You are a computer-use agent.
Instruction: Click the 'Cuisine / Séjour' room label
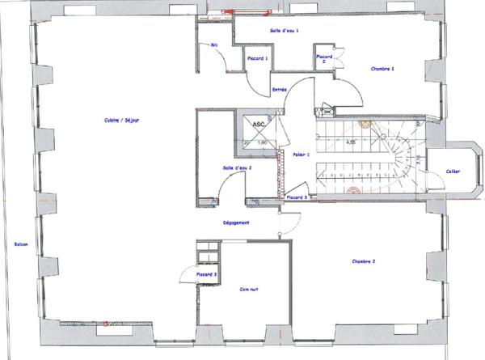121,121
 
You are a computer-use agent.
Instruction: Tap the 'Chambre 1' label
382,69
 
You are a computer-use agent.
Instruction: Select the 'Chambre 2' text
367,261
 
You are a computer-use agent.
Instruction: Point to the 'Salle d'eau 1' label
285,30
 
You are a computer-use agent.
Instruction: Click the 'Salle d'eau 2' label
237,167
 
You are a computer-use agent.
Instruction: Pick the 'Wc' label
215,45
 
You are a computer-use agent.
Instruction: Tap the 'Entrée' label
280,89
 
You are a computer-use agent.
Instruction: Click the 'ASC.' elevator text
259,125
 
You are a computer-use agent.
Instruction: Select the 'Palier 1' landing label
291,154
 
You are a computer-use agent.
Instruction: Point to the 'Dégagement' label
235,222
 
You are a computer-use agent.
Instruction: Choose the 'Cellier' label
453,171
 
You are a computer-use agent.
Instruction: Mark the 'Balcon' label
21,244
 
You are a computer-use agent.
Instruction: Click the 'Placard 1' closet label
258,58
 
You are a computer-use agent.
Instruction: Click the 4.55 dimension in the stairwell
352,142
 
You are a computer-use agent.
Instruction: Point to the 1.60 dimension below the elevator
262,143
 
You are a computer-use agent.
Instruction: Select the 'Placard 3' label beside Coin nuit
207,275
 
